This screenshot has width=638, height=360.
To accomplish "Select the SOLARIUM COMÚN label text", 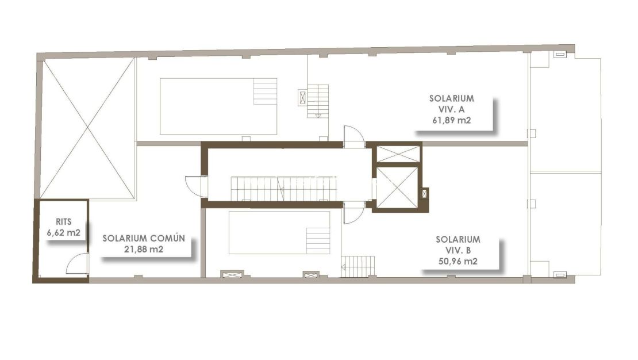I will pos(144,238).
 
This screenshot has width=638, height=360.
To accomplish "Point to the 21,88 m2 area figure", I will pos(144,249).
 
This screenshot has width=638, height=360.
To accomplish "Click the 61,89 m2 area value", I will pos(451,120).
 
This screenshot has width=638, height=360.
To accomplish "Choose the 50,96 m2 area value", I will pos(458,261).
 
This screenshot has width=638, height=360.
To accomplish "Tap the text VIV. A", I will pos(451,109).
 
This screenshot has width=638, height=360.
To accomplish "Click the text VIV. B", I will pos(458,250).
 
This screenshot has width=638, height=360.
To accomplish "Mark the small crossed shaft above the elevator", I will pos(398,154).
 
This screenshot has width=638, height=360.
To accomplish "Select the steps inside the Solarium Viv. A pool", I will pos(265,91).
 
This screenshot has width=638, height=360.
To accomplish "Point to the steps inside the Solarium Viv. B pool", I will pos(318,240).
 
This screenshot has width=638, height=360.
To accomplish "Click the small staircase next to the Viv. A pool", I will pos(318,101).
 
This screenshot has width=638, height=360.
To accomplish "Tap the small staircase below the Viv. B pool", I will pos(360,265).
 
